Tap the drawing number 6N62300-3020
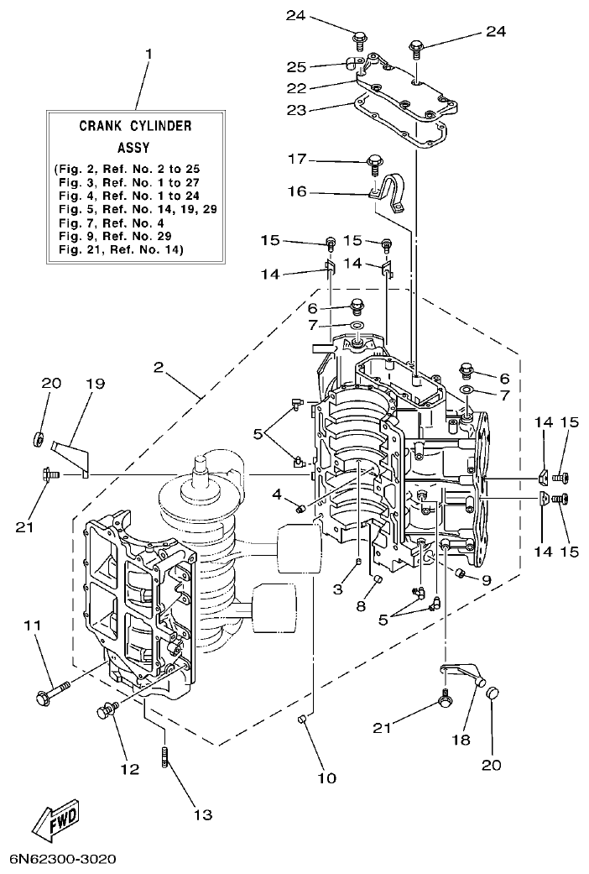(64, 860)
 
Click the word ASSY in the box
(133, 147)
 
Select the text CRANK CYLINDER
(135, 126)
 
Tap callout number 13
(202, 814)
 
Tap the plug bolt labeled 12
(106, 711)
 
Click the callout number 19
(95, 383)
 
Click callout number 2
(159, 366)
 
